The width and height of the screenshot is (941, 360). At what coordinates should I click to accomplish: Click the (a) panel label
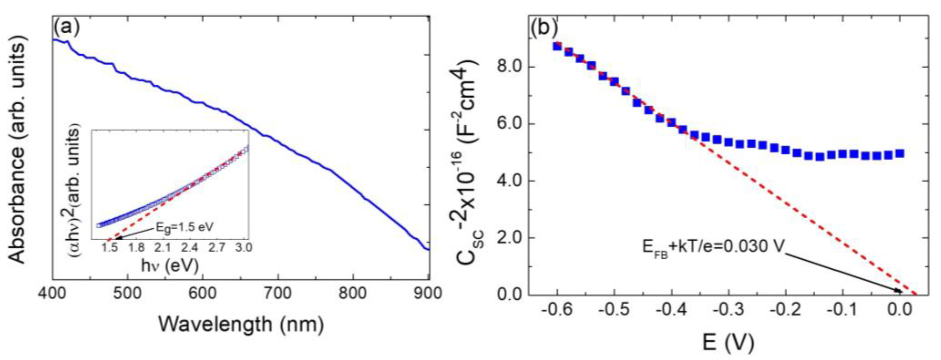[x=66, y=29]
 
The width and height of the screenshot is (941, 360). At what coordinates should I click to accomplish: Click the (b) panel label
[x=544, y=29]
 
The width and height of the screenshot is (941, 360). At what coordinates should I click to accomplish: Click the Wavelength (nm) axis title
[x=241, y=324]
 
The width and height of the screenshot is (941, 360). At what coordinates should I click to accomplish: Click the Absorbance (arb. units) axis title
[x=17, y=152]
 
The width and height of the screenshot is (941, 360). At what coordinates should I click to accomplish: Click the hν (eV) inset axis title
[x=170, y=266]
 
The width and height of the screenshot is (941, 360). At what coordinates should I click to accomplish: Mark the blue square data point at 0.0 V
[x=900, y=153]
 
